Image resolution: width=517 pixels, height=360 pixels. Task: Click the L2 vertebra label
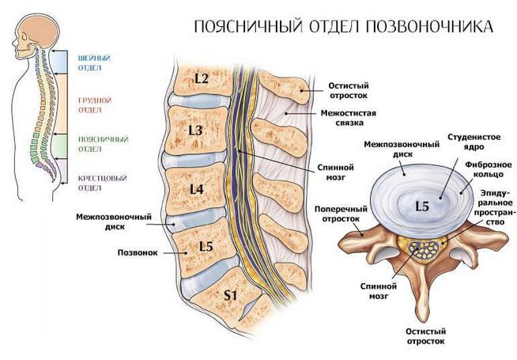201,78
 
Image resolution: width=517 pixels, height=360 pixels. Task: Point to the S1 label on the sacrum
230,295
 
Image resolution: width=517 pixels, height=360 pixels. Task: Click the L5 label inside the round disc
424,206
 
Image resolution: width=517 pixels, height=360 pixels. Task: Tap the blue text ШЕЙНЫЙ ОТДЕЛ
94,63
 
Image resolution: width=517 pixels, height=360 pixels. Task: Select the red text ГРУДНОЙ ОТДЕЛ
94,105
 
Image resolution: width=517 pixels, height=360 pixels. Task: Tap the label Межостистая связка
346,118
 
